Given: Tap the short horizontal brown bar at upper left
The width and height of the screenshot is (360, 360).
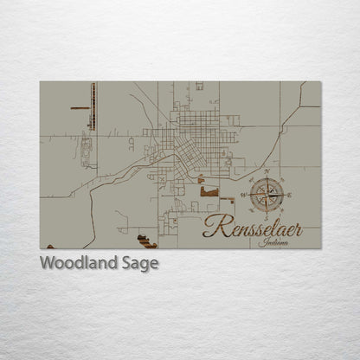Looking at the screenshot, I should pos(80,108).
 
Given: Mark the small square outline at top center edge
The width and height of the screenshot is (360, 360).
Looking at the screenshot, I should pos(199,86).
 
